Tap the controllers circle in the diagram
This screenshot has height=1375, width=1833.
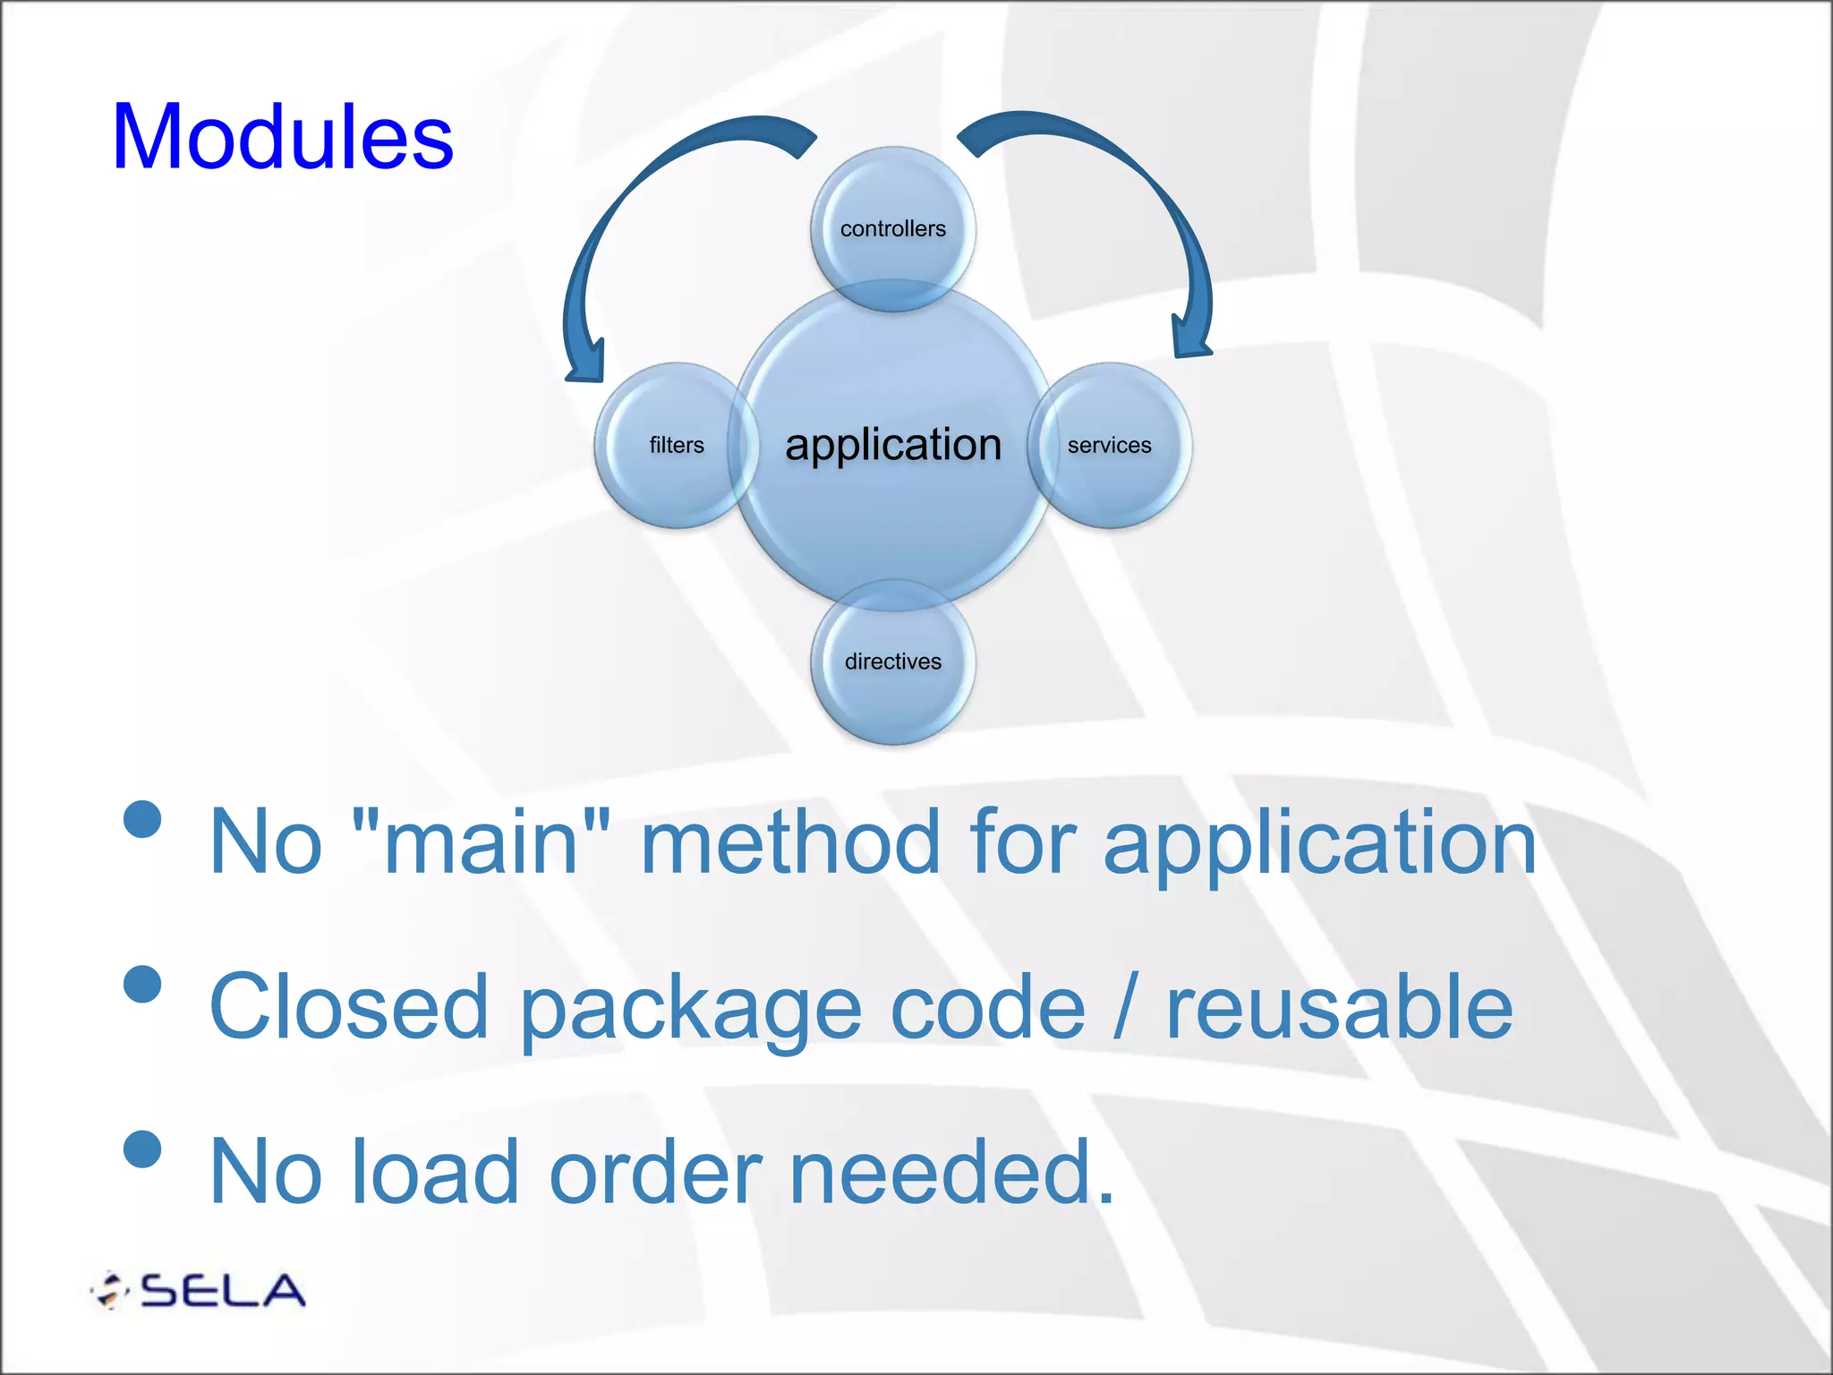(x=892, y=228)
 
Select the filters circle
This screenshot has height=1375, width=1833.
(x=676, y=445)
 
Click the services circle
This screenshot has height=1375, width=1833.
(x=1109, y=445)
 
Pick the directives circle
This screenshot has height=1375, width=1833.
(x=892, y=661)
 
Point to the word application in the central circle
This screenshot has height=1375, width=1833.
(x=892, y=445)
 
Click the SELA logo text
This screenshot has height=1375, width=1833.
(x=222, y=1290)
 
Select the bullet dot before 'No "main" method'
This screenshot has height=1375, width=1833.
(x=143, y=818)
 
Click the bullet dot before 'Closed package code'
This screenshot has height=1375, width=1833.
(x=143, y=984)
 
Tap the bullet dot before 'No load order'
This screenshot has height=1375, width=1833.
(x=143, y=1149)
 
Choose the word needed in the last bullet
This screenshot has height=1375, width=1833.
(x=951, y=1172)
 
